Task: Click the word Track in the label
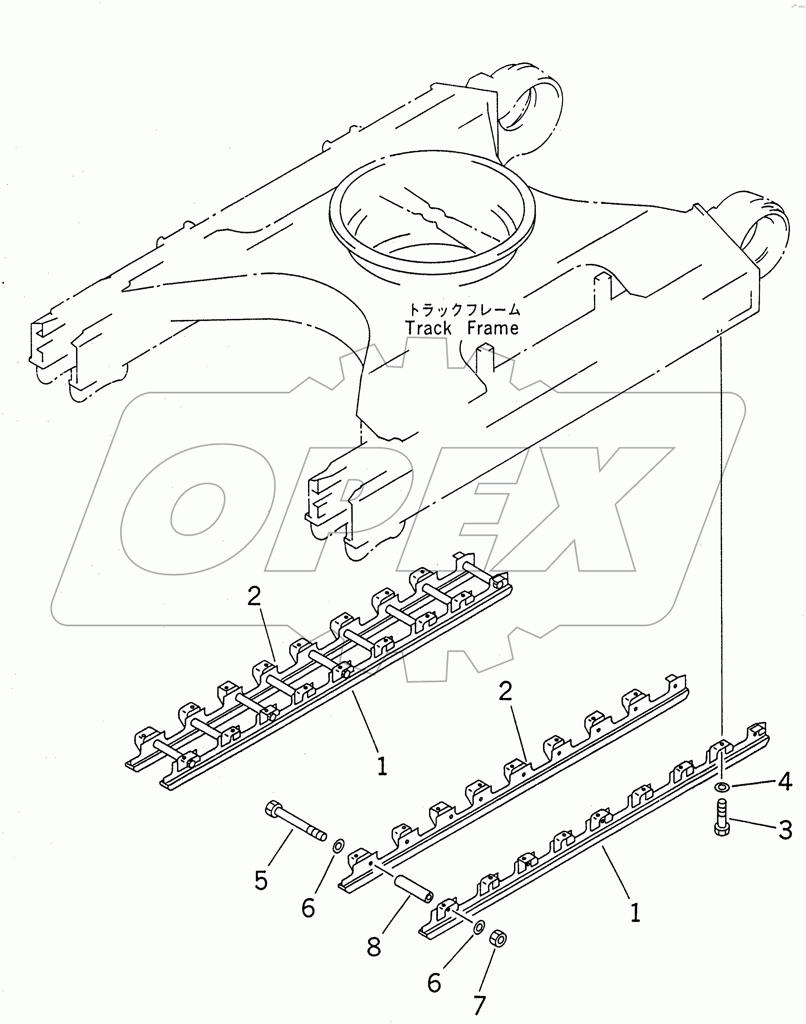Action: pos(428,328)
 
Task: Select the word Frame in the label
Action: pos(493,328)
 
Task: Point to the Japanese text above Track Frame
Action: pos(464,310)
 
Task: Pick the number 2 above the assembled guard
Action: pos(254,597)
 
